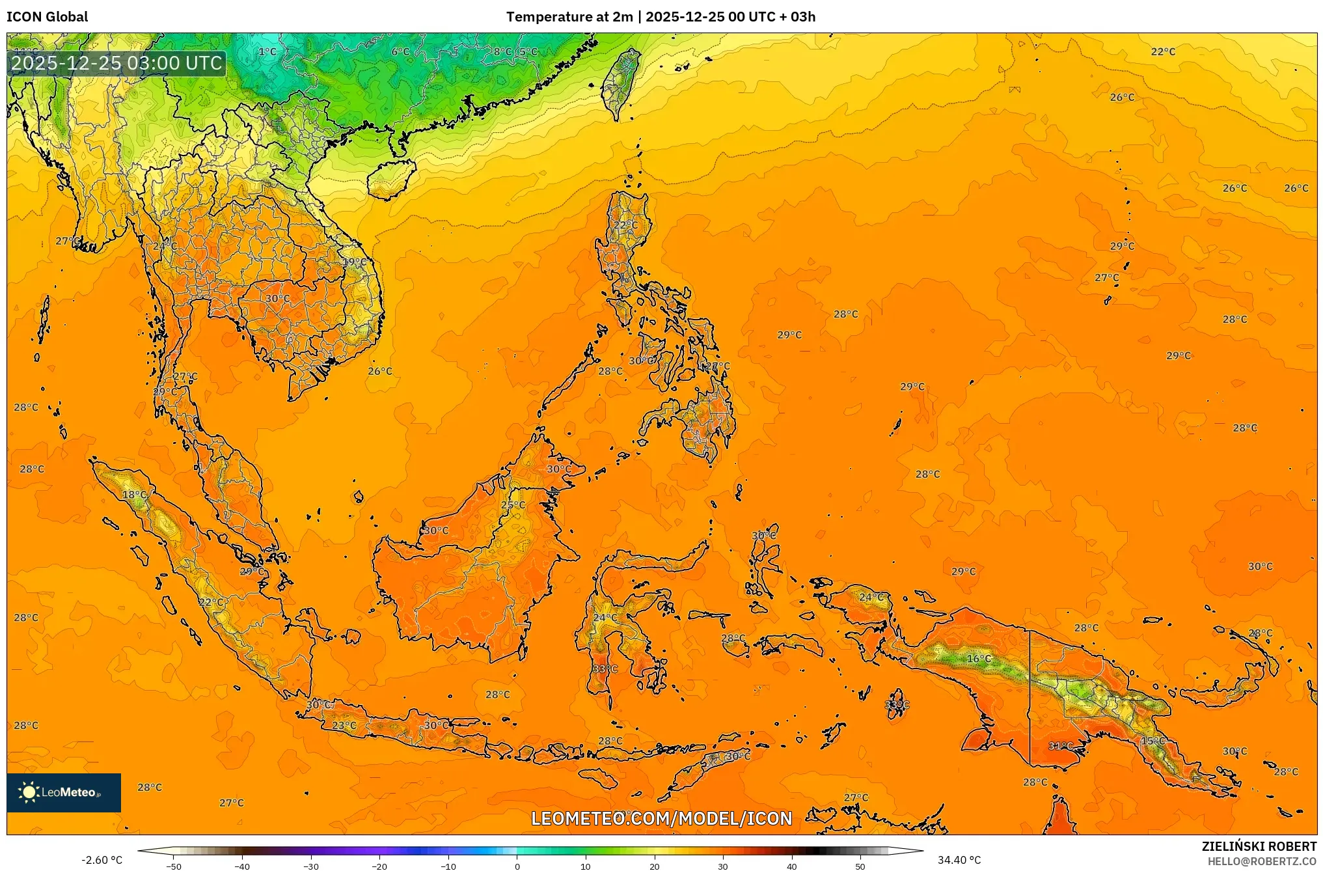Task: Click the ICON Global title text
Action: pyautogui.click(x=47, y=17)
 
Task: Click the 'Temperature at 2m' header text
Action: pyautogui.click(x=569, y=17)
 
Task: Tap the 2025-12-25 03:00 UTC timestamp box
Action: pyautogui.click(x=116, y=63)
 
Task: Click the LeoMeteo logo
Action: pyautogui.click(x=63, y=792)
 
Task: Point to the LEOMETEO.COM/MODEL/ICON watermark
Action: pyautogui.click(x=661, y=818)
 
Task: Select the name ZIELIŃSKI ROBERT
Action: pyautogui.click(x=1259, y=846)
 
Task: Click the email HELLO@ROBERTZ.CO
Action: pyautogui.click(x=1262, y=861)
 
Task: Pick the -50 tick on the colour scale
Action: pyautogui.click(x=174, y=866)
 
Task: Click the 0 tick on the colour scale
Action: pyautogui.click(x=517, y=866)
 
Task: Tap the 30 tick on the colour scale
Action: pyautogui.click(x=723, y=866)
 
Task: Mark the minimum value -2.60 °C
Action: pyautogui.click(x=102, y=860)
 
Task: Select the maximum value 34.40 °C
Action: pyautogui.click(x=959, y=860)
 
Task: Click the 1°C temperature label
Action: pyautogui.click(x=267, y=51)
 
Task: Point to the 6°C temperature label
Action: pyautogui.click(x=401, y=51)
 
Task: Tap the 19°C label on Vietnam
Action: pyautogui.click(x=355, y=262)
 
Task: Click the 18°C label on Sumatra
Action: pyautogui.click(x=135, y=495)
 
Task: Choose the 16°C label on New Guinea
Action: pyautogui.click(x=979, y=659)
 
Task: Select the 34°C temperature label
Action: pyautogui.click(x=1061, y=746)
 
